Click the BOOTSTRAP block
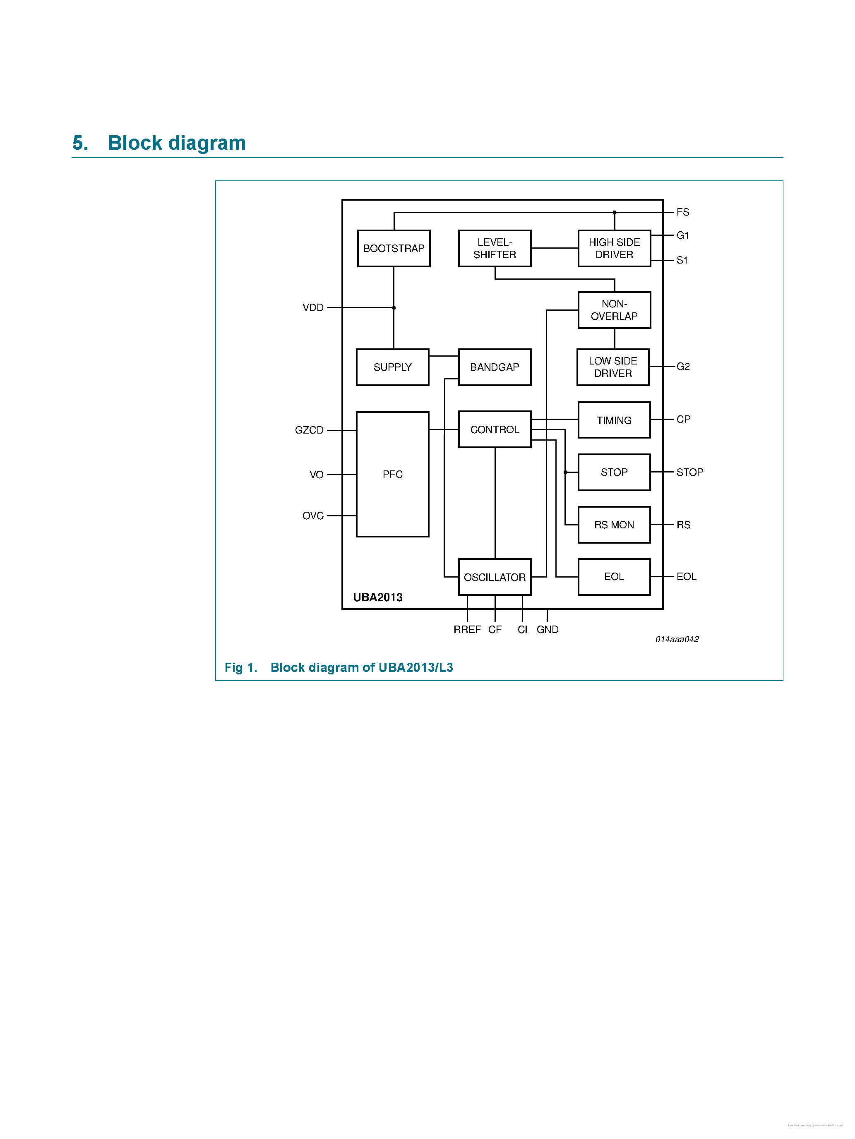coord(394,248)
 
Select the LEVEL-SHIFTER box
coord(495,248)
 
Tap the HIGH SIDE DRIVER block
coord(614,248)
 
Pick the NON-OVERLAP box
coord(614,310)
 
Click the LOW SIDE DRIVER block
coord(613,367)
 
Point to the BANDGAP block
coord(495,367)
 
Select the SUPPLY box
coord(392,367)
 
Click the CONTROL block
coord(495,429)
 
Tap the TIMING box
coord(614,420)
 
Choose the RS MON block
coord(614,525)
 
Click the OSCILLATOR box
coord(495,577)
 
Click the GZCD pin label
coord(309,430)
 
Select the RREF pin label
coord(467,629)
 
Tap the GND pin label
coord(548,629)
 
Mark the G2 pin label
coord(683,367)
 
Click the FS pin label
coord(683,212)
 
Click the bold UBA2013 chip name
coord(377,597)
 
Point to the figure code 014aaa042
coord(677,640)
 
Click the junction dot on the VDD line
coord(394,308)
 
